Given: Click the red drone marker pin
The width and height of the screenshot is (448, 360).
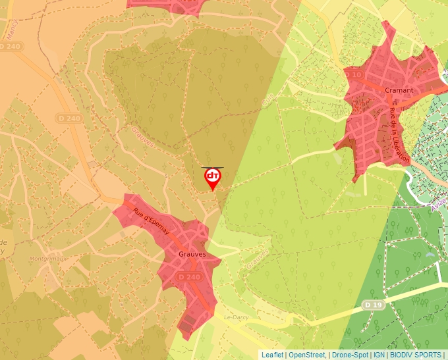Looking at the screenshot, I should (213, 178).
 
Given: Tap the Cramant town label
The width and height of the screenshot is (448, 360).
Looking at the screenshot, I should (399, 90).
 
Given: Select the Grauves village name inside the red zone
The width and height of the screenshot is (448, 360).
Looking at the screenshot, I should (192, 253).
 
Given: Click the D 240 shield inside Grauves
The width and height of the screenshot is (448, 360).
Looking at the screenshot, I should (189, 278).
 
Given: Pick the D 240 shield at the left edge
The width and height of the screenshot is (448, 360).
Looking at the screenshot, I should (11, 47).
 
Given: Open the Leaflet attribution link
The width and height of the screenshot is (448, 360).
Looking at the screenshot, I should (272, 355).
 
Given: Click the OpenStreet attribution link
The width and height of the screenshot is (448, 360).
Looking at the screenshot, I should (308, 355).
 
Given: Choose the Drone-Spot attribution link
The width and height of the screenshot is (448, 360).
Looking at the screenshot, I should (350, 355).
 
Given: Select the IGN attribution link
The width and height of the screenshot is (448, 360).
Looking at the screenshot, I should (379, 355).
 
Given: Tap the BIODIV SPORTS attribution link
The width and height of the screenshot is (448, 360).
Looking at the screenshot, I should (415, 355).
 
